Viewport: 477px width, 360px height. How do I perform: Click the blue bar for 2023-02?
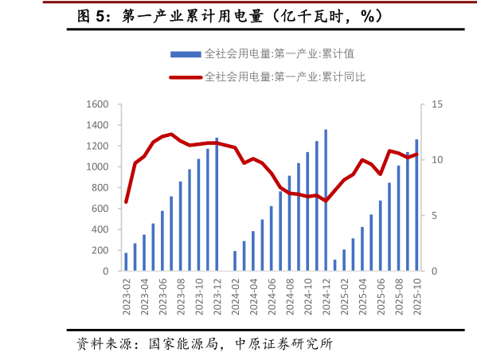[126, 262]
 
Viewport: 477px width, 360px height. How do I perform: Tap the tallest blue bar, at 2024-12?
[326, 200]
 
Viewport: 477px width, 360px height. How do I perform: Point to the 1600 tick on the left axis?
[97, 104]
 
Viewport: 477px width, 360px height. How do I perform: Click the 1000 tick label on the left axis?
[97, 166]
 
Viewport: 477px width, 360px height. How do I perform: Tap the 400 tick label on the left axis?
[100, 229]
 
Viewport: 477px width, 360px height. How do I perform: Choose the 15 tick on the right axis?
[435, 104]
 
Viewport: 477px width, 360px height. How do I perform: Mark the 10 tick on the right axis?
[435, 160]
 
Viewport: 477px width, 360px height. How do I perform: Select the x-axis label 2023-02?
[127, 298]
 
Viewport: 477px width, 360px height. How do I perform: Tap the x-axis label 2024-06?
[272, 298]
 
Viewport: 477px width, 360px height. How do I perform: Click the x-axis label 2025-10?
[416, 298]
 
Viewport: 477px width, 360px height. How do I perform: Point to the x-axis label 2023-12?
[217, 298]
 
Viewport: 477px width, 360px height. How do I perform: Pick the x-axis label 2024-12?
[326, 298]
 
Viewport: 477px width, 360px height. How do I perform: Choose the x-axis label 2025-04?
[362, 298]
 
